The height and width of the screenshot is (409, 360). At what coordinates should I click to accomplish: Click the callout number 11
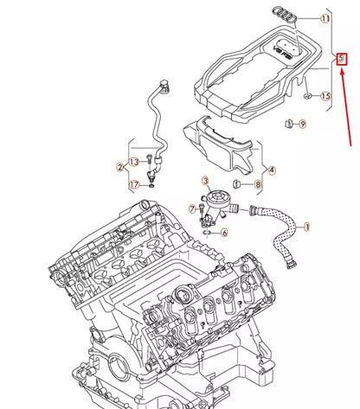click(325, 18)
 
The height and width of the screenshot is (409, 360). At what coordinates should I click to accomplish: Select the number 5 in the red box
click(342, 59)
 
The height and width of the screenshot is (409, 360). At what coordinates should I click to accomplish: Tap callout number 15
click(325, 95)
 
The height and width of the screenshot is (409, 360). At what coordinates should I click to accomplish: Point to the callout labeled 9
click(302, 125)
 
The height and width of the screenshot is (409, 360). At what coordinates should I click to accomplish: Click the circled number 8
click(259, 184)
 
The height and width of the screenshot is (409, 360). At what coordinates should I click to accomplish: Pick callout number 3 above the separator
click(206, 181)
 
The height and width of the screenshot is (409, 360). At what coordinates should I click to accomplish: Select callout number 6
click(223, 232)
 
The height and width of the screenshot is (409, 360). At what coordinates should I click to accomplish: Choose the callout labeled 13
click(133, 163)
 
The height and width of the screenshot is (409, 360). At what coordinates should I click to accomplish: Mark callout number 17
click(133, 184)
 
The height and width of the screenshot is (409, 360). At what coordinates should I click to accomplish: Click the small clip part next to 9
click(286, 126)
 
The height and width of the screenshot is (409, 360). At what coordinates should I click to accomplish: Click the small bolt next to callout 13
click(151, 161)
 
